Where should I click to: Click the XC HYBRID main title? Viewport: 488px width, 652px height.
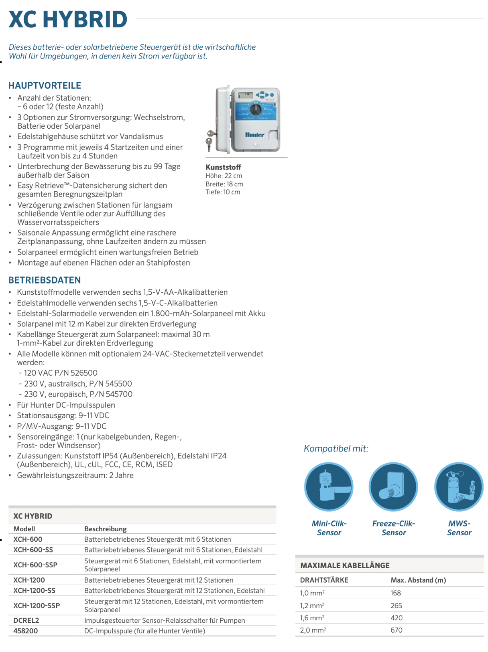[x=68, y=19]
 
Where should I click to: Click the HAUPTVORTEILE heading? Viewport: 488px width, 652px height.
[x=45, y=85]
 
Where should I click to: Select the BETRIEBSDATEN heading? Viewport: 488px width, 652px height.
[x=45, y=280]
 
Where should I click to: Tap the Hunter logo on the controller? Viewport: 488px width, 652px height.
[x=255, y=135]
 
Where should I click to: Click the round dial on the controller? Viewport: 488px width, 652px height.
[x=256, y=109]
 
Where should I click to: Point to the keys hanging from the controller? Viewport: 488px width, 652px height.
[x=209, y=139]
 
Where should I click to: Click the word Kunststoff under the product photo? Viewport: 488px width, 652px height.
[x=223, y=167]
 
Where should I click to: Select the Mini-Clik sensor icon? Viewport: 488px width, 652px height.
[x=329, y=487]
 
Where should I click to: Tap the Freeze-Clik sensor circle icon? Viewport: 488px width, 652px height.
[x=393, y=487]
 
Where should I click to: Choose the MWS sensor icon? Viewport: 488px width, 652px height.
[x=459, y=487]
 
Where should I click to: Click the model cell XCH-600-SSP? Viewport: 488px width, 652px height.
[x=35, y=565]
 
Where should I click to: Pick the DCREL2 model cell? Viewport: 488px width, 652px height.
[x=26, y=620]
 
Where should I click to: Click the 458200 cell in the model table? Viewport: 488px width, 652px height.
[x=26, y=631]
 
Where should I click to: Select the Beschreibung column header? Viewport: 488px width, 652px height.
[x=106, y=529]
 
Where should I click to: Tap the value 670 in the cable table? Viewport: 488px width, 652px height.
[x=396, y=630]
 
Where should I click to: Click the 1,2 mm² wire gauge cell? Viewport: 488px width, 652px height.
[x=312, y=605]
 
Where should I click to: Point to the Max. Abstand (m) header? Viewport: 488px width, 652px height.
[x=418, y=580]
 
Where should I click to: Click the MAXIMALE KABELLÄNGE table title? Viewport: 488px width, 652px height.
[x=345, y=565]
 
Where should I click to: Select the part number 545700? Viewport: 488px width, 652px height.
[x=119, y=394]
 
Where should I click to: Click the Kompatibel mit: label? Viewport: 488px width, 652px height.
[x=336, y=448]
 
